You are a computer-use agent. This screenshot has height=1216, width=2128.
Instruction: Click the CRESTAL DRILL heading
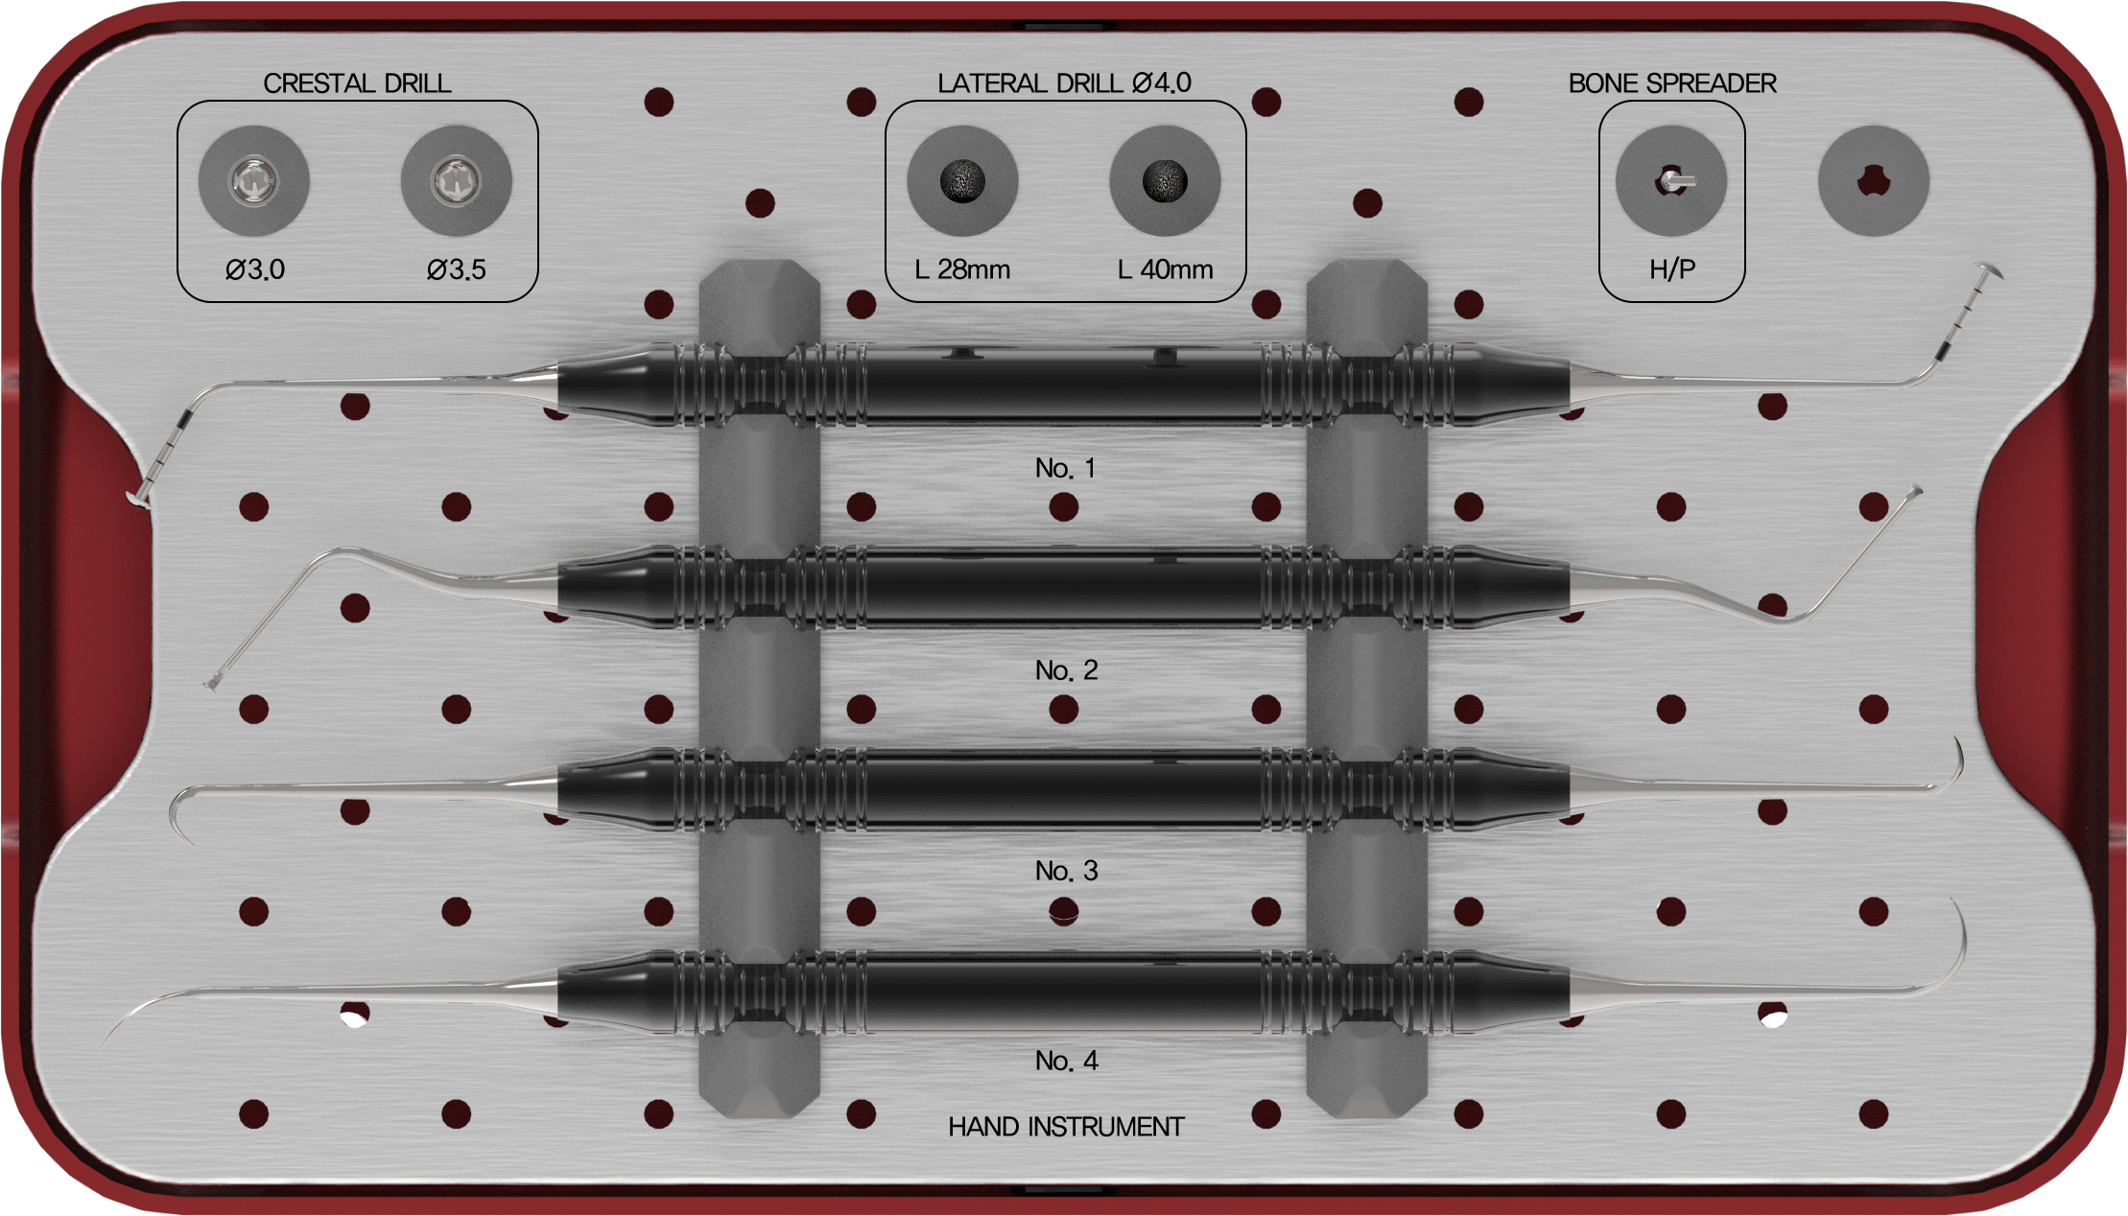point(357,83)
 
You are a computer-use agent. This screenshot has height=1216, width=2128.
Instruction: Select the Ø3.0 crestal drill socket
point(254,180)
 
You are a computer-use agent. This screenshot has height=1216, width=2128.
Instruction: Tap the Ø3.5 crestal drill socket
point(457,180)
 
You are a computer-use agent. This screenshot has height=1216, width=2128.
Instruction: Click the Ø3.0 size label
point(255,269)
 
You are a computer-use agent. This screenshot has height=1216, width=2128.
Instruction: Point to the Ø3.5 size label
point(457,269)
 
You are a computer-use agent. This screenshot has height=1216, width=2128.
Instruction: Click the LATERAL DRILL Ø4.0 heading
point(1065,83)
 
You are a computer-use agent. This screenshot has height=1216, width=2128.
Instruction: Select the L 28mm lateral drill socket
point(962,180)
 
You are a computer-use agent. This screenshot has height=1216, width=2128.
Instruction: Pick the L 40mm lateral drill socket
point(1165,180)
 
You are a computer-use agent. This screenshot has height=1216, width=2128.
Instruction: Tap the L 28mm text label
point(962,269)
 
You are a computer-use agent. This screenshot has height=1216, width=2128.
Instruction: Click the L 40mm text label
point(1166,269)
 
